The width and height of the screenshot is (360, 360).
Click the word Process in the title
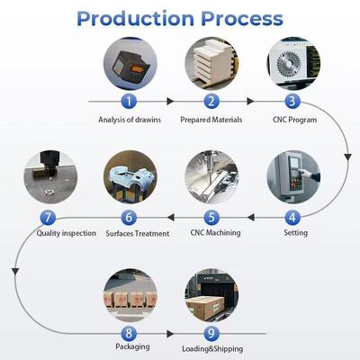tap(238, 18)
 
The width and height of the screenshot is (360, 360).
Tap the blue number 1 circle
tap(129, 102)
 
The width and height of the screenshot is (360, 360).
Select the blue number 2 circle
tap(211, 102)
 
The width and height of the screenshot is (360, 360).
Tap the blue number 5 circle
tap(211, 217)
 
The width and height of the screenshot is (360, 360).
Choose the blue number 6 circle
tap(129, 217)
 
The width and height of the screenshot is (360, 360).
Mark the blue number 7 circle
tap(47, 217)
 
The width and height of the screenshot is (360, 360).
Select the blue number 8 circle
tap(129, 331)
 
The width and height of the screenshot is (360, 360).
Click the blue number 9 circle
tap(211, 331)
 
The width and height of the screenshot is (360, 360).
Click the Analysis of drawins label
tap(129, 119)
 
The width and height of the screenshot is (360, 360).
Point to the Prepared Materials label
tap(211, 119)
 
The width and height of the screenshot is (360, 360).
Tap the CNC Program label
tap(293, 119)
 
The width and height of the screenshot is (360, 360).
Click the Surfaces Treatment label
tap(138, 233)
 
